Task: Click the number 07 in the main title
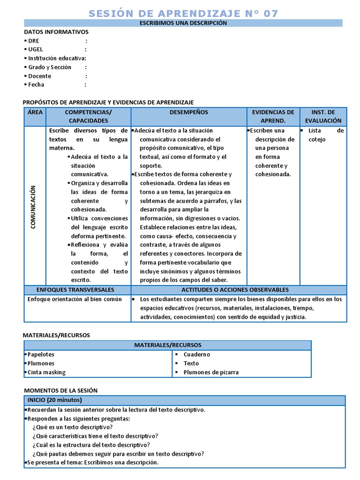270,13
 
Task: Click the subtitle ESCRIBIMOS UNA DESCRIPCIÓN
183,23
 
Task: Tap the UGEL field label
36,49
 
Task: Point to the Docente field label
39,76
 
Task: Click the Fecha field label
36,85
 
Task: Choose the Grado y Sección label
50,67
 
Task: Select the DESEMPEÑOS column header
189,112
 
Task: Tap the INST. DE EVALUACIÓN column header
323,116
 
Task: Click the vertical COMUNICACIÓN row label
33,207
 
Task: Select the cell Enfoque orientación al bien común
75,299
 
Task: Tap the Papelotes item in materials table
41,354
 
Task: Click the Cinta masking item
46,372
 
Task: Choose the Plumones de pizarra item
211,372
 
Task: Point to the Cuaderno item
196,354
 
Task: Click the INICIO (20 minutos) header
54,400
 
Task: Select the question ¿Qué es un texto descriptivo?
72,427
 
